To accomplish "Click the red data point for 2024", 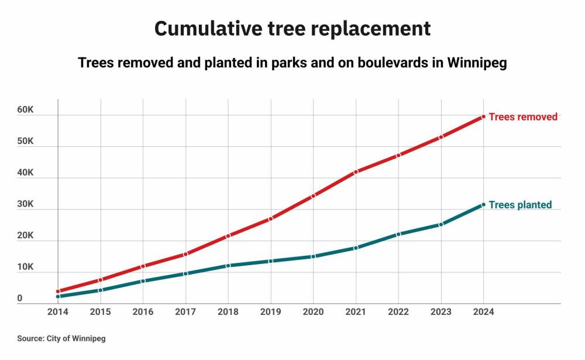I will click(x=483, y=117).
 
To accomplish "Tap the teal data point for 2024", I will click(x=483, y=204).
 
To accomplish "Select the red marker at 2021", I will click(x=356, y=172).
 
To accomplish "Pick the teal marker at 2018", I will click(x=228, y=266).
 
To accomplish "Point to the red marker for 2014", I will click(x=58, y=291).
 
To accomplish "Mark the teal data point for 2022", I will click(x=398, y=234).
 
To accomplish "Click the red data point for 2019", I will click(x=271, y=218).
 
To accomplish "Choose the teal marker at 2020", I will click(x=314, y=256).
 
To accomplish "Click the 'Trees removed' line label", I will click(x=523, y=117).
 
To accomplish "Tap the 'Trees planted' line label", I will click(x=520, y=205).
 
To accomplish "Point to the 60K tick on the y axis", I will click(x=25, y=111).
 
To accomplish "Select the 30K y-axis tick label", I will click(x=25, y=205).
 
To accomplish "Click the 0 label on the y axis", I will click(x=20, y=299).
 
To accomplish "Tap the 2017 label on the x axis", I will click(x=185, y=312).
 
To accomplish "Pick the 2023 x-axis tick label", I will click(x=441, y=312).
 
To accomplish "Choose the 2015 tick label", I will click(x=101, y=312).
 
